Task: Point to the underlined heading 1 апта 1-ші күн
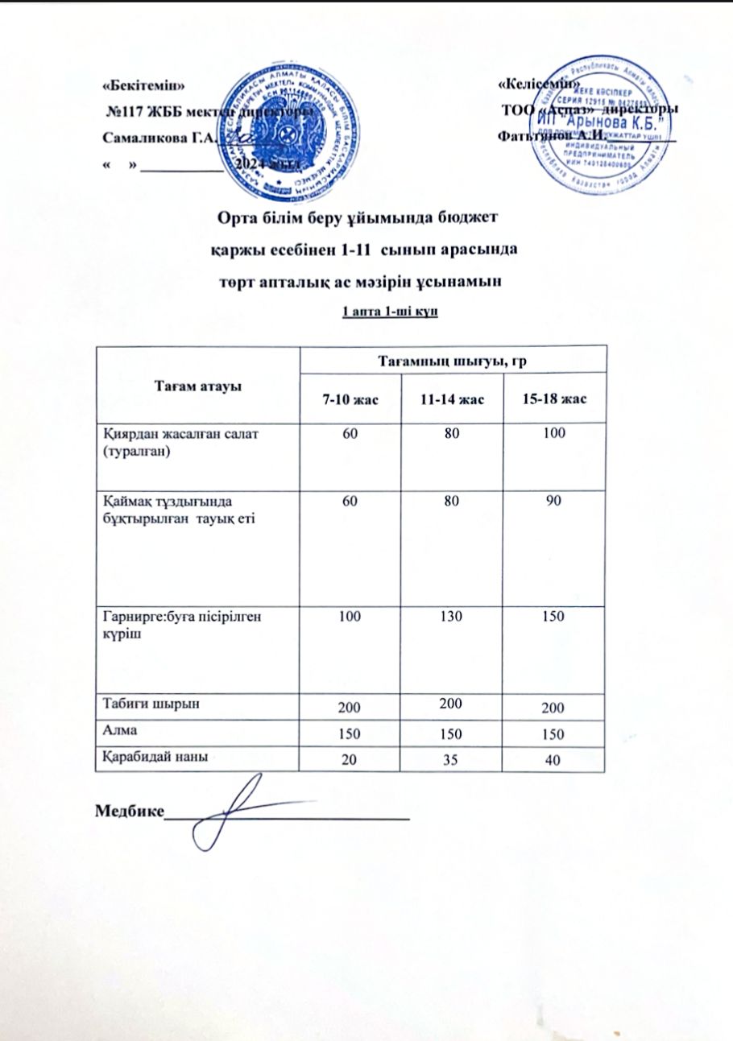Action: tap(390, 312)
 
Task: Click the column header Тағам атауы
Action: tap(197, 385)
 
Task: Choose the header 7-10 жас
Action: tap(350, 400)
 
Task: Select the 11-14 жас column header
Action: tap(451, 400)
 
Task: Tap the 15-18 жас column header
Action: tap(553, 400)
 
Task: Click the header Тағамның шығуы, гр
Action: tap(452, 360)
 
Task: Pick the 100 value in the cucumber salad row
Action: tap(553, 434)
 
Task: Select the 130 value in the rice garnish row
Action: tap(451, 615)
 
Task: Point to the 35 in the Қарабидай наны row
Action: tap(451, 759)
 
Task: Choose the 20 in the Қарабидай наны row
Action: tap(350, 760)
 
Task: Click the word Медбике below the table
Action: tap(129, 809)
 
